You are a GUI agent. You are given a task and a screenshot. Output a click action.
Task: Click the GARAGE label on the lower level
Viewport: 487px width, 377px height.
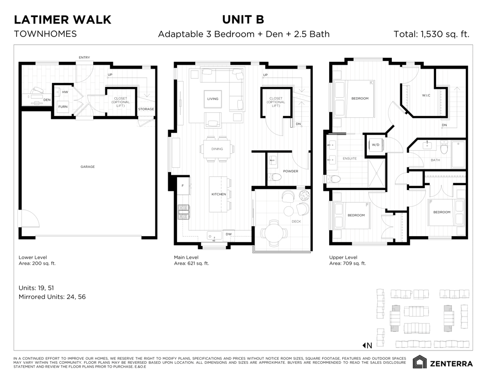pyautogui.click(x=88, y=167)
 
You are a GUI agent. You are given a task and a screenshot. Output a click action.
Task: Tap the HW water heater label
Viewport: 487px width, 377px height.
pyautogui.click(x=65, y=92)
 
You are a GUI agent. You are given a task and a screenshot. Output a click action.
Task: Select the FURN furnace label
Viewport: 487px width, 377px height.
pyautogui.click(x=63, y=107)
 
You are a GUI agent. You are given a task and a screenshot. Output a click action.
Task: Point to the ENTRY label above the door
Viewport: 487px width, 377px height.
pyautogui.click(x=84, y=57)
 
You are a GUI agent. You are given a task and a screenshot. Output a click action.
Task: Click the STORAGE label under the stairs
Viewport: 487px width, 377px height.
pyautogui.click(x=146, y=109)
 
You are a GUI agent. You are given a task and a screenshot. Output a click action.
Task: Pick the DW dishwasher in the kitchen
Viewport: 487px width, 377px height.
pyautogui.click(x=229, y=234)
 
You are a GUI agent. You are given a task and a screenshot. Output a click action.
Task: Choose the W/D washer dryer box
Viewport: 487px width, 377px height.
pyautogui.click(x=376, y=145)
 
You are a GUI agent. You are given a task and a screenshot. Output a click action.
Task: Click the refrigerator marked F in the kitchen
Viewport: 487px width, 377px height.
pyautogui.click(x=183, y=186)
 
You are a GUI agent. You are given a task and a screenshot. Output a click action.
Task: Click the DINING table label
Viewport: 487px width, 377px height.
pyautogui.click(x=217, y=149)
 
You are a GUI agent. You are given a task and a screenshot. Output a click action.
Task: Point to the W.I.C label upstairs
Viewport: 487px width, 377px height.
pyautogui.click(x=426, y=95)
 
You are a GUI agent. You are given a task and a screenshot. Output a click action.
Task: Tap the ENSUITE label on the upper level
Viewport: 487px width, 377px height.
pyautogui.click(x=350, y=159)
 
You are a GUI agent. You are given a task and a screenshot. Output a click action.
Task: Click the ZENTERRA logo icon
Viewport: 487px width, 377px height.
pyautogui.click(x=419, y=362)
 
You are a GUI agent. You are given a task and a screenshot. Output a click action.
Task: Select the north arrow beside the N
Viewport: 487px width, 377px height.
pyautogui.click(x=364, y=345)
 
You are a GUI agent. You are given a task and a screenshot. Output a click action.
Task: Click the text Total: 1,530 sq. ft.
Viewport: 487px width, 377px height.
pyautogui.click(x=432, y=34)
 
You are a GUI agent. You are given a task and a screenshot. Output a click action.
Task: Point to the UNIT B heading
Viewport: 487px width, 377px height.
pyautogui.click(x=243, y=20)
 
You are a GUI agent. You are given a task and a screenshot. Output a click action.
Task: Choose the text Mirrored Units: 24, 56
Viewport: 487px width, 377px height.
pyautogui.click(x=52, y=297)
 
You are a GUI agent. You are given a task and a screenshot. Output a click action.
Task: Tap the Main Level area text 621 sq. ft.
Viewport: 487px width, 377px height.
pyautogui.click(x=198, y=263)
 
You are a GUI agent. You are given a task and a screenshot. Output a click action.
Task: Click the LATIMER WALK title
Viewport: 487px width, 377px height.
pyautogui.click(x=62, y=20)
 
